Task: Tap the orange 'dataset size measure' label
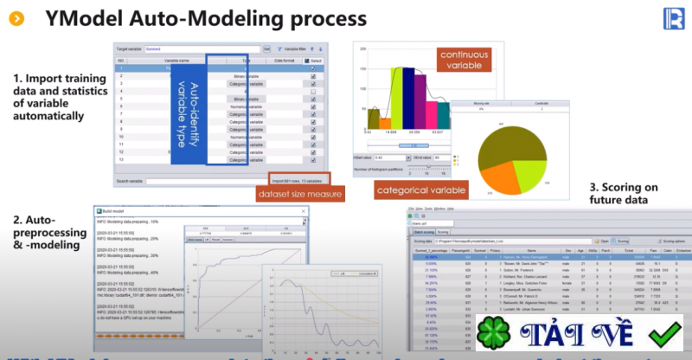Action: pos(299,195)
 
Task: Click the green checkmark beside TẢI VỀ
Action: pos(666,334)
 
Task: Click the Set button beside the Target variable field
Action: pos(266,50)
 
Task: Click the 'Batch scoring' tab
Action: pos(424,232)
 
